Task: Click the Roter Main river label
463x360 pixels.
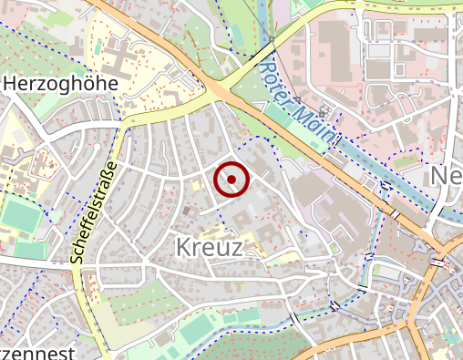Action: (x=298, y=104)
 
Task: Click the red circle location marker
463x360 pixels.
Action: (x=231, y=180)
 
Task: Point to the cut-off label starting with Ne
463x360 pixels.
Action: (x=446, y=175)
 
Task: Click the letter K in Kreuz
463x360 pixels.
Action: (x=180, y=246)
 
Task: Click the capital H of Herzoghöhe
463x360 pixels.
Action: (x=12, y=83)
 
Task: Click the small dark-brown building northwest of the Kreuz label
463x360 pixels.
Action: (x=188, y=211)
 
